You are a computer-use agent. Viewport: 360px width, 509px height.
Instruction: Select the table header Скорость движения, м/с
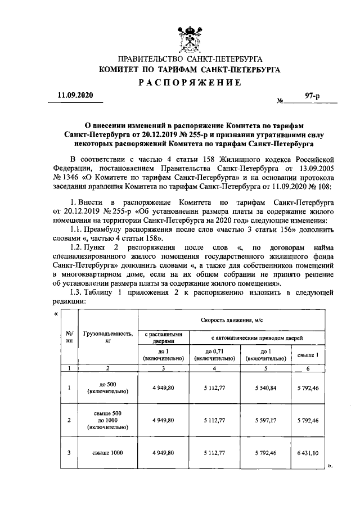pyautogui.click(x=232, y=319)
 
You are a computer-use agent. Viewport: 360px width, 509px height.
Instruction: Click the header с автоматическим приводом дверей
pyautogui.click(x=257, y=337)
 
